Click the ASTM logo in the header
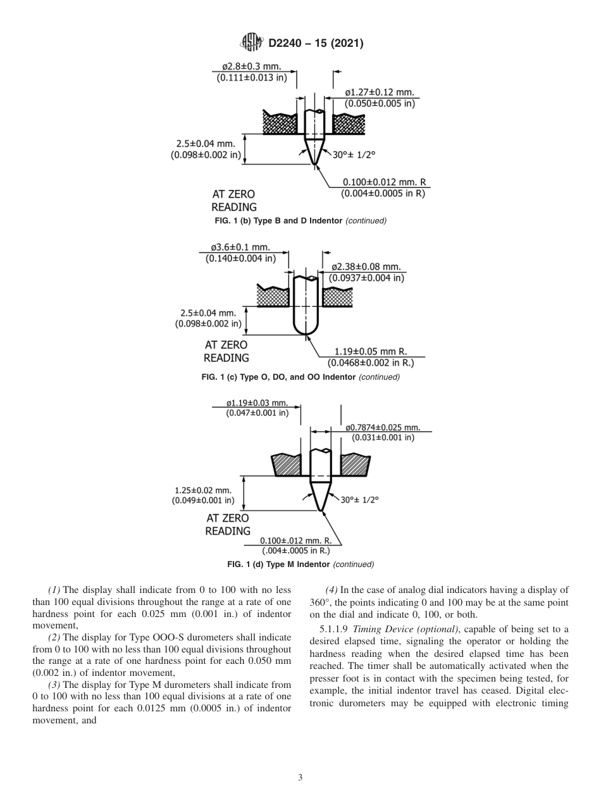click(x=252, y=44)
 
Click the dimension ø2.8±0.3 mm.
click(x=251, y=66)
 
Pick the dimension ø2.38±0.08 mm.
click(x=366, y=267)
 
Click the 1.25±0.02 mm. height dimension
click(x=203, y=490)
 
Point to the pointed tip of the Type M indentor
click(x=320, y=510)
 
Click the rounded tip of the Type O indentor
click(x=305, y=333)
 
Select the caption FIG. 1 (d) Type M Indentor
click(x=300, y=564)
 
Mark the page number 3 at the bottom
click(x=300, y=778)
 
